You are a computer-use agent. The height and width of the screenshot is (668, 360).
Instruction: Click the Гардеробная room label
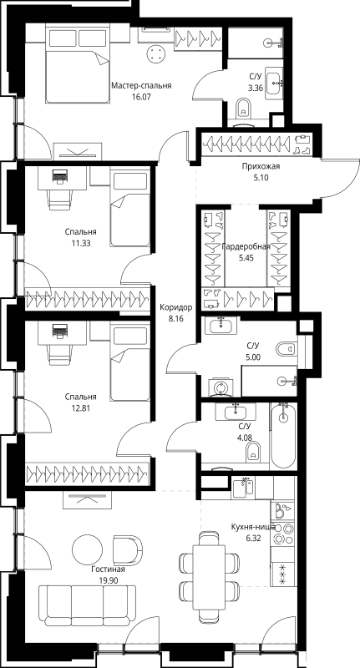(246, 247)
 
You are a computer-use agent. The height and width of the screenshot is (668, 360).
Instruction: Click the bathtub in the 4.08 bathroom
(283, 435)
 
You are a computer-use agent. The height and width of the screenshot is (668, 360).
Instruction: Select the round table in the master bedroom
(156, 53)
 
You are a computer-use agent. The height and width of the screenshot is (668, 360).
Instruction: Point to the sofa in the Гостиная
(88, 602)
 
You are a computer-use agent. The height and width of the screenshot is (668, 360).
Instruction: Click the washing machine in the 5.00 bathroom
(220, 387)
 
